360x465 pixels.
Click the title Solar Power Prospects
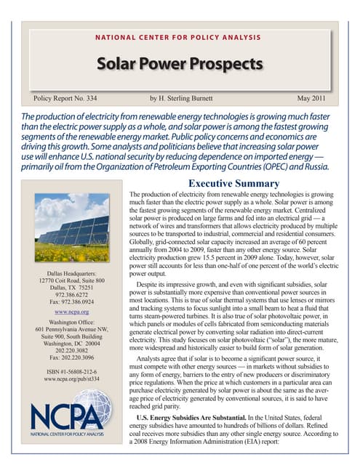click(x=180, y=64)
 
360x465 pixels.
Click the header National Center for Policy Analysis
click(x=180, y=37)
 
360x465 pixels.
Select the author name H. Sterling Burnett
click(x=188, y=97)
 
